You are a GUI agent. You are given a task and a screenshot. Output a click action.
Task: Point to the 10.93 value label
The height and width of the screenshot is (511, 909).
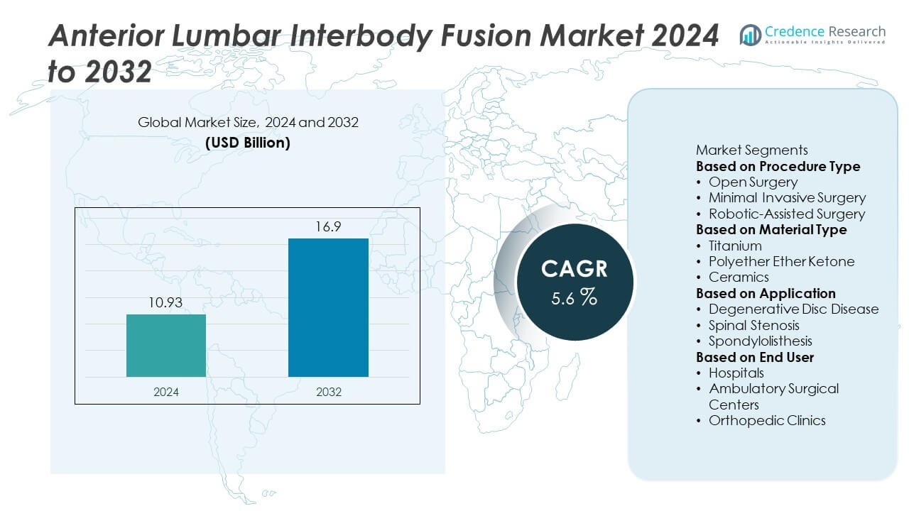click(x=166, y=303)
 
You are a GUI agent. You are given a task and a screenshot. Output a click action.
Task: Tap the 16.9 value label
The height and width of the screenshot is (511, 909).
click(x=328, y=227)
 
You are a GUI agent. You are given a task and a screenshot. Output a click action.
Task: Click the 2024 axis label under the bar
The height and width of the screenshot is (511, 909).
click(x=166, y=392)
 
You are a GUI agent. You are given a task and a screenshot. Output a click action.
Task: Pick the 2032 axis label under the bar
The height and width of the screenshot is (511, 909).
click(x=328, y=392)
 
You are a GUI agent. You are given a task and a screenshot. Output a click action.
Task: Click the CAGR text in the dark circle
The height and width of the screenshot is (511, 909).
click(x=575, y=269)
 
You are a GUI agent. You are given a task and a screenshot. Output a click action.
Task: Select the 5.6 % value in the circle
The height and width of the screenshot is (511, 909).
click(x=575, y=297)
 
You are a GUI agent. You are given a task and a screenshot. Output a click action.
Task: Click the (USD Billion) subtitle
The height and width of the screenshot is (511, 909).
click(x=248, y=142)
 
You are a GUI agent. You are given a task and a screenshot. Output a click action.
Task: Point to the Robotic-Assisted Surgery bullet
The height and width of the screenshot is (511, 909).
click(x=787, y=214)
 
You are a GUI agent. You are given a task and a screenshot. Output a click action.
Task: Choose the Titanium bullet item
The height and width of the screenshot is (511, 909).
click(x=735, y=246)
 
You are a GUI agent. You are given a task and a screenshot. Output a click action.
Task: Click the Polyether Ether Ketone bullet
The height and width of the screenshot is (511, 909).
click(x=781, y=261)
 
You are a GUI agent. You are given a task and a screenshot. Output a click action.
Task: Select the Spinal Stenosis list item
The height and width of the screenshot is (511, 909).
click(x=753, y=325)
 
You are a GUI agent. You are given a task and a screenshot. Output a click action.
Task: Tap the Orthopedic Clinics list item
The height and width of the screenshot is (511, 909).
click(x=767, y=420)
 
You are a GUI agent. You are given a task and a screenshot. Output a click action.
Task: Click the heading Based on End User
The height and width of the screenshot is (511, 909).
click(x=754, y=357)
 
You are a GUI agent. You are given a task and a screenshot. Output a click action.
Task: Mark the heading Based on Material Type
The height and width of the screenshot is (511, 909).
click(x=771, y=230)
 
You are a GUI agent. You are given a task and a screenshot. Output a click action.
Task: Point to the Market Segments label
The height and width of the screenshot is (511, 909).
click(x=751, y=150)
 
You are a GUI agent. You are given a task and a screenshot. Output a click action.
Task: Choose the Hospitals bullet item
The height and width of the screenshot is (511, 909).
click(x=736, y=373)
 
